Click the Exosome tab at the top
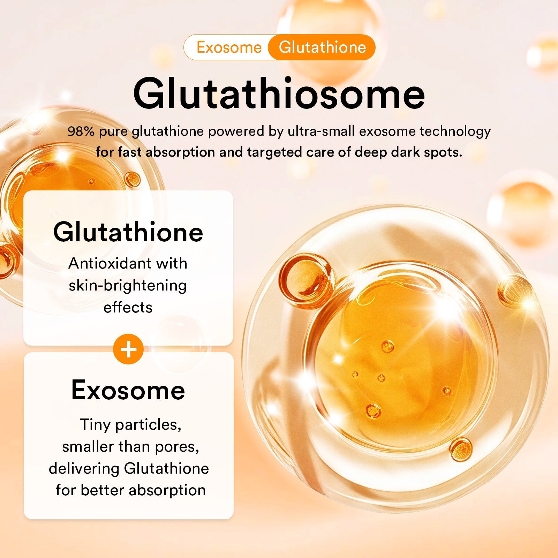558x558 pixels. click(229, 47)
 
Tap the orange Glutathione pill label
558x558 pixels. click(322, 47)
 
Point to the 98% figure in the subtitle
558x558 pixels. click(81, 131)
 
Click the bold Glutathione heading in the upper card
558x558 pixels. click(128, 232)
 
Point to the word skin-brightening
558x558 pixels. click(128, 285)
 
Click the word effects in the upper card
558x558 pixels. click(128, 308)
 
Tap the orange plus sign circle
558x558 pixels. click(128, 349)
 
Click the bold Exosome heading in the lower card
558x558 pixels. click(128, 390)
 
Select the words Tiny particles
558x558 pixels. click(130, 424)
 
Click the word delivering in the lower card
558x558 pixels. click(84, 468)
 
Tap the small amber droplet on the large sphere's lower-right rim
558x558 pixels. click(461, 449)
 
